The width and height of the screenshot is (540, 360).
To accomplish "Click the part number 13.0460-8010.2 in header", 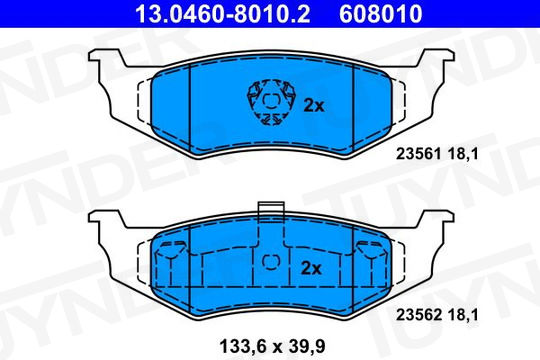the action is click(x=223, y=14).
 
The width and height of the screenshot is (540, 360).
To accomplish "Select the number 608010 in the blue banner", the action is click(x=381, y=14).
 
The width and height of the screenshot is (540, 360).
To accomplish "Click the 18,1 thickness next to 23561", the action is click(x=463, y=154).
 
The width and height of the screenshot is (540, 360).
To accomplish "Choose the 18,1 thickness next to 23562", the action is click(x=463, y=315).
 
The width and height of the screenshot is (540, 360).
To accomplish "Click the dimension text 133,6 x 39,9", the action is click(x=272, y=346).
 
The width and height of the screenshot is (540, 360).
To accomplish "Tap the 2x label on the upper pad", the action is click(x=314, y=106).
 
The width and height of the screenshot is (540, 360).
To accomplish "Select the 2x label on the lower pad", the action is click(x=311, y=268).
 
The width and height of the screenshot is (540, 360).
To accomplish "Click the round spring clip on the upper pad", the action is click(x=271, y=102).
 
